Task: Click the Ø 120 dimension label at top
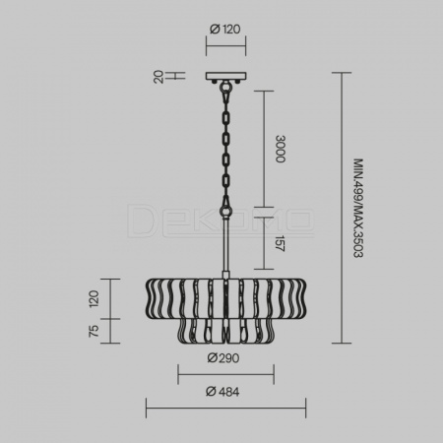point(225,30)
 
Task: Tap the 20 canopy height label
point(158,77)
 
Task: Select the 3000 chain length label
point(281,149)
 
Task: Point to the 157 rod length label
point(280,243)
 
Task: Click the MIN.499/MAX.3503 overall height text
point(358,209)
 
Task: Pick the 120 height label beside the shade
point(94,298)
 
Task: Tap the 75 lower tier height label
point(94,331)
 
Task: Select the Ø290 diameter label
point(223,358)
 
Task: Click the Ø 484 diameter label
point(222,392)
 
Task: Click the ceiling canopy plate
point(226,77)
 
